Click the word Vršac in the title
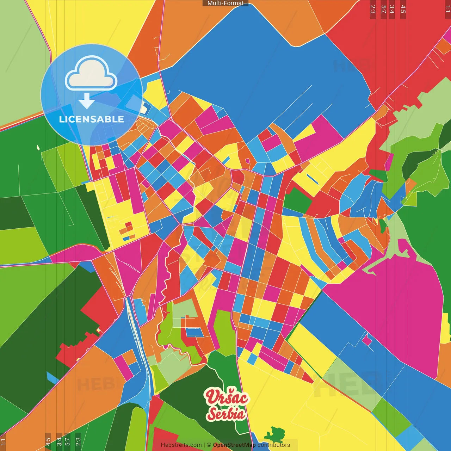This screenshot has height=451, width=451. [x=227, y=397]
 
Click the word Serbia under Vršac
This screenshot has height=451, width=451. [x=226, y=414]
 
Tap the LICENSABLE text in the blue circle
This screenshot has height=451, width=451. [x=92, y=119]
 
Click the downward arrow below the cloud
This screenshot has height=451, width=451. [x=87, y=101]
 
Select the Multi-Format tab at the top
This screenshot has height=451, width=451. [x=225, y=3]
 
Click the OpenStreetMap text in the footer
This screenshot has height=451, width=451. [x=234, y=445]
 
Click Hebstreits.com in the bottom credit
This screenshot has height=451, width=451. [x=181, y=445]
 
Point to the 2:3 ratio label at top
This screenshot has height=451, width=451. [x=373, y=9]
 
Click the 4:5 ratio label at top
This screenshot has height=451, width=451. [x=403, y=9]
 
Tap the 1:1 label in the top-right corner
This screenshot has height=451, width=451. [x=448, y=9]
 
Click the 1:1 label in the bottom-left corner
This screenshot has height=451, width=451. [x=3, y=442]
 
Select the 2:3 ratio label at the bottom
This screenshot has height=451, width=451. [x=78, y=441]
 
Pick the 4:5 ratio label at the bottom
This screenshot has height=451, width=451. [x=48, y=441]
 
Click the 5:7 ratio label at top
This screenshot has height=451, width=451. [x=383, y=9]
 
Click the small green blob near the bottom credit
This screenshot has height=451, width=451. [x=275, y=434]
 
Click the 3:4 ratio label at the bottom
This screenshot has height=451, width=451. [x=59, y=441]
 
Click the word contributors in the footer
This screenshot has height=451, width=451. [x=274, y=445]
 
